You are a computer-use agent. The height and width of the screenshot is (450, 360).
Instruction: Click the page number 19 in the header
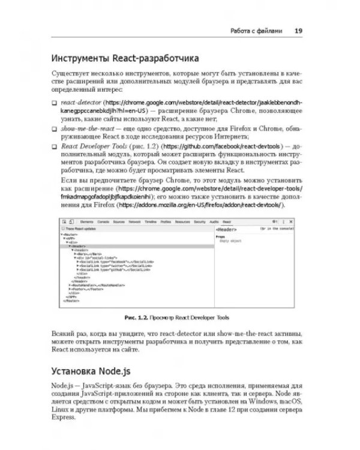click(298, 31)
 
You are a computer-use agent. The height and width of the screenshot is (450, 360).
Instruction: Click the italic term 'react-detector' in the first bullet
click(80, 103)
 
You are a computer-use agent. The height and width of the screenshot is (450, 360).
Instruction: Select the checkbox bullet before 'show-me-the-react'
click(54, 130)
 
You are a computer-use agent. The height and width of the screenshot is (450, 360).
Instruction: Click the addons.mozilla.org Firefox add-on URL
click(201, 205)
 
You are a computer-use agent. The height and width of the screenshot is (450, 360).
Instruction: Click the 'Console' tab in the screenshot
click(104, 222)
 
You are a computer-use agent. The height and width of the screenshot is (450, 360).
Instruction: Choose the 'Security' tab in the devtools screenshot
click(199, 222)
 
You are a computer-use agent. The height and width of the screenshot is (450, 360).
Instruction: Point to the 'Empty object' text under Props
click(229, 240)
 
